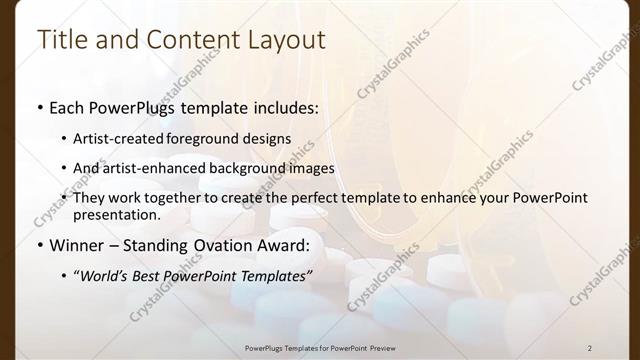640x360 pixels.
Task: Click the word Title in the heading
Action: [x=60, y=40]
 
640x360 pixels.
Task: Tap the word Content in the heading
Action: [x=183, y=40]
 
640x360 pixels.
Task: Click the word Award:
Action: [x=282, y=244]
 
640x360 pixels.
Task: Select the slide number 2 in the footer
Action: [x=590, y=347]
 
